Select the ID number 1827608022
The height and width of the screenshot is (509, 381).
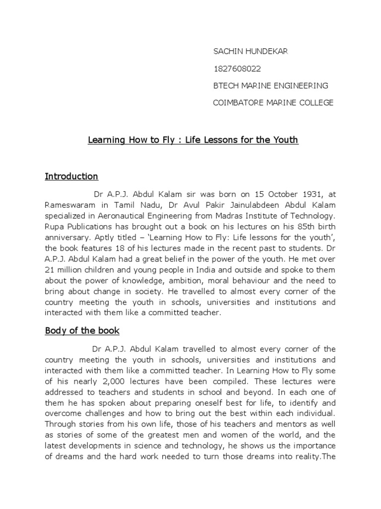point(237,69)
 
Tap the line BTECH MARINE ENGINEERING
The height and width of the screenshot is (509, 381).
point(270,85)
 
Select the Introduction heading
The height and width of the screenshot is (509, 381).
point(71,176)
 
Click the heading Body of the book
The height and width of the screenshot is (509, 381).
point(82,331)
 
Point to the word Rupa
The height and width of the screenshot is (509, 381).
point(54,228)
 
